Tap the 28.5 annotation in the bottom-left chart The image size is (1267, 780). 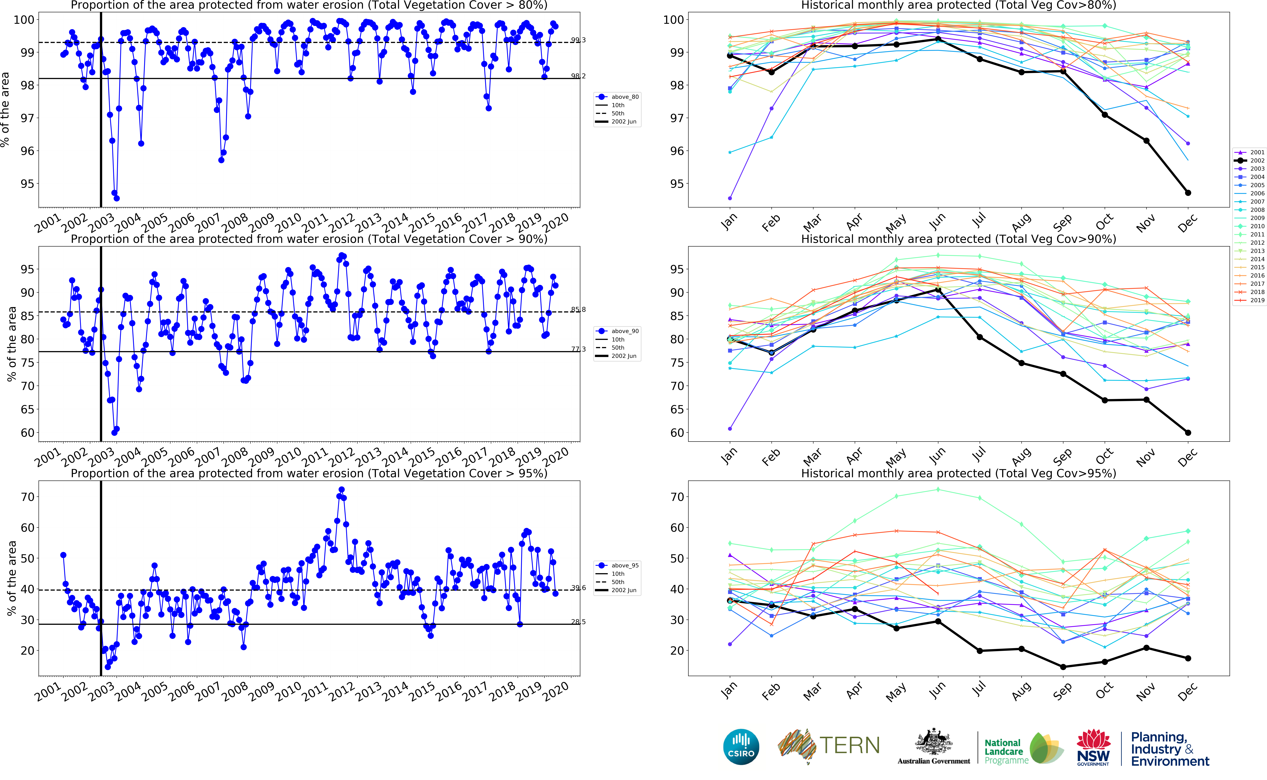578,622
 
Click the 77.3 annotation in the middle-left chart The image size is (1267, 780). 578,349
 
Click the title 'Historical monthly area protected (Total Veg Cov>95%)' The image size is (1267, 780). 958,474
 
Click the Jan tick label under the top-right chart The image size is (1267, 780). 729,222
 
